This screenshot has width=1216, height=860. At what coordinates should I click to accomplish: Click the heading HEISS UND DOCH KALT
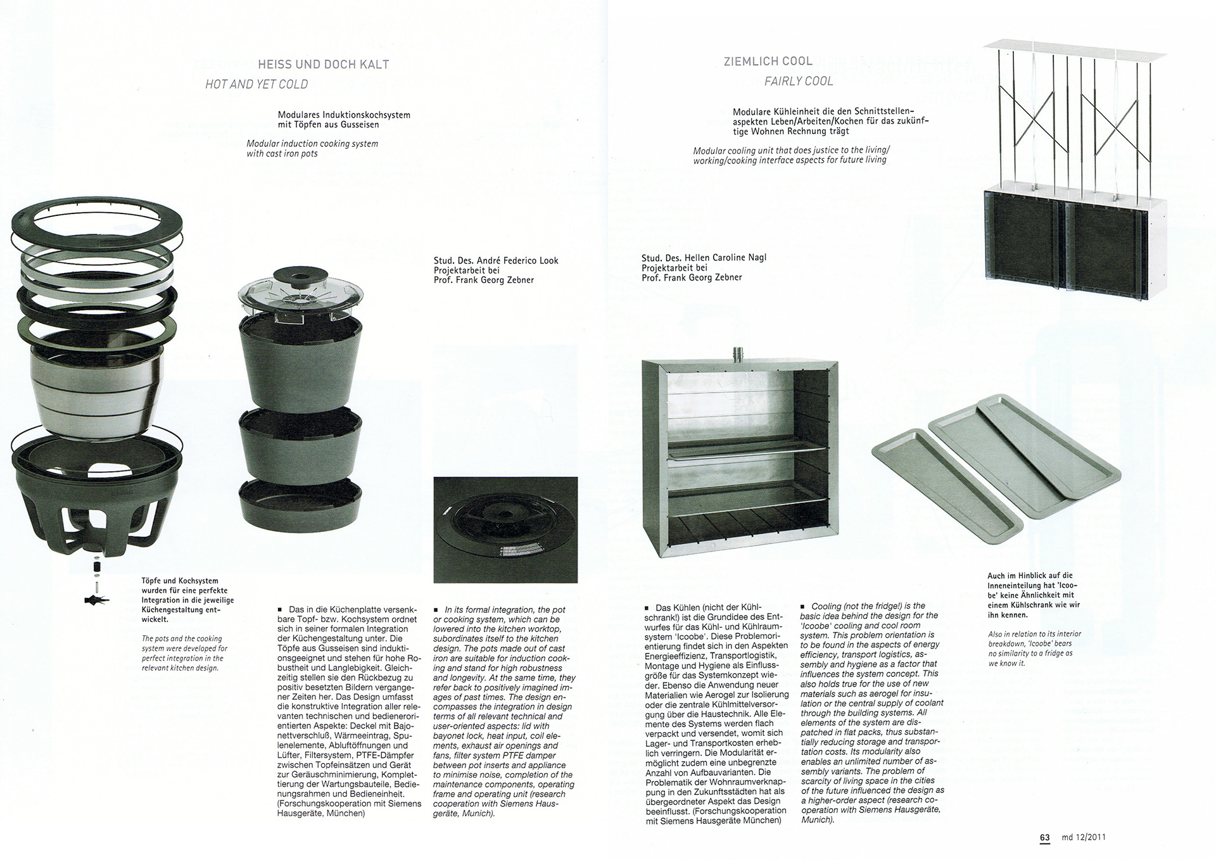tap(323, 64)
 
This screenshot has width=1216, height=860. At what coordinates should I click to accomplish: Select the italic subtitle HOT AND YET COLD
tap(256, 84)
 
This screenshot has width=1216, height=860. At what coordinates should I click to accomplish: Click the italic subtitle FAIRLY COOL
tap(798, 81)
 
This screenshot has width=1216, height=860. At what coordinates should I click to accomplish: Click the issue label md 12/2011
tap(1084, 837)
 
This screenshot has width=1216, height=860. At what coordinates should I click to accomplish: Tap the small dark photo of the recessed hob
tap(505, 530)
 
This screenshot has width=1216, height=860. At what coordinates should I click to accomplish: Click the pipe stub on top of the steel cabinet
tap(737, 353)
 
